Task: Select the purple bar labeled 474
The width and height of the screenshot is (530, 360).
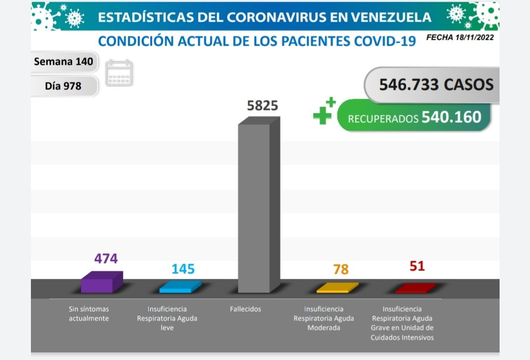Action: click(x=101, y=283)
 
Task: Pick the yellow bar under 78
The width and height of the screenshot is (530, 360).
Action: click(x=337, y=288)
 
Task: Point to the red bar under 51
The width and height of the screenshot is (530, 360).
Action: click(x=416, y=288)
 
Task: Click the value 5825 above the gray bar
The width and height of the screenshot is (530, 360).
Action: click(x=263, y=106)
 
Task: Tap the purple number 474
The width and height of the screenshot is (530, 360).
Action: click(x=106, y=258)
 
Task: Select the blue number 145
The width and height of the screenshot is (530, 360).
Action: click(x=183, y=269)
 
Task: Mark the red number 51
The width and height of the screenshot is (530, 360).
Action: click(x=417, y=266)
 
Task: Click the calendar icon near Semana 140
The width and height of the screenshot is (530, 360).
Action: click(x=119, y=74)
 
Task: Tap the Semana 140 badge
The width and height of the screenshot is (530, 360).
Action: click(x=63, y=62)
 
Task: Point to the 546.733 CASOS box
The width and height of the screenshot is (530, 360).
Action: click(x=436, y=84)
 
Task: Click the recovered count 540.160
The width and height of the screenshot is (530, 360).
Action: click(x=451, y=117)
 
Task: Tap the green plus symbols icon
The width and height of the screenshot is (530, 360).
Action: click(x=324, y=111)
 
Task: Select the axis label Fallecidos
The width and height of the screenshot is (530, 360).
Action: click(x=245, y=309)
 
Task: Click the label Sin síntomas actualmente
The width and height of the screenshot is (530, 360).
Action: click(x=89, y=314)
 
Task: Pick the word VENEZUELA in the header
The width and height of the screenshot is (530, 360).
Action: click(x=388, y=17)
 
